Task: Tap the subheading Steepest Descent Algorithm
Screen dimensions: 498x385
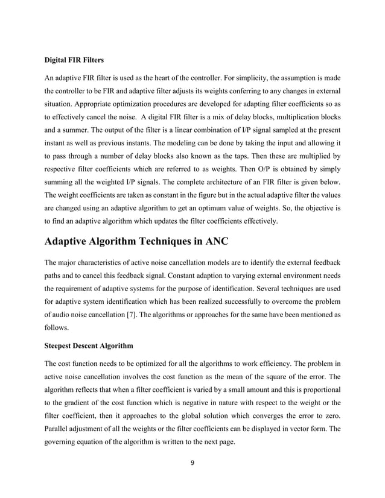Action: point(90,346)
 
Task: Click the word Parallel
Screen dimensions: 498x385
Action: point(61,430)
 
